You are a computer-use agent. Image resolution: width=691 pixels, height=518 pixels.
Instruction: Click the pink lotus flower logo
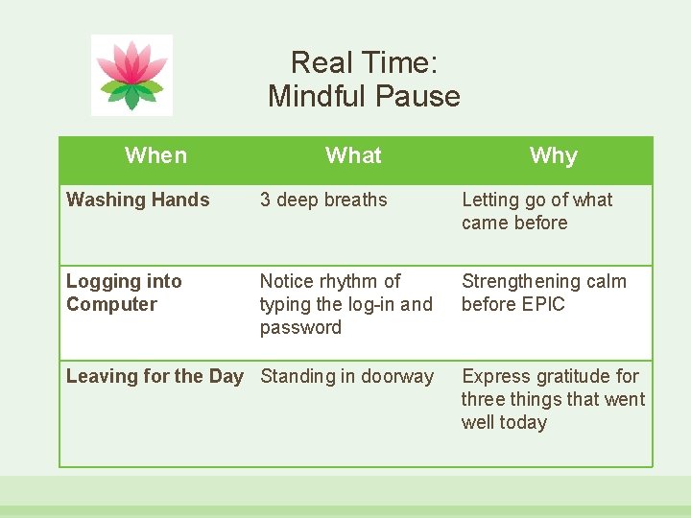(131, 74)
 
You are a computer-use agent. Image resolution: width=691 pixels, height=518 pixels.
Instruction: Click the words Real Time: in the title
(364, 63)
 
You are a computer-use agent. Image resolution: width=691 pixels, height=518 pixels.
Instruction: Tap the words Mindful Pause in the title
(364, 96)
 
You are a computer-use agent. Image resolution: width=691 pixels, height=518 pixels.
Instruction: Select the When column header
(155, 155)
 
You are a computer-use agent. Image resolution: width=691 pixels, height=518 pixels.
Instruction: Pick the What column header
(353, 155)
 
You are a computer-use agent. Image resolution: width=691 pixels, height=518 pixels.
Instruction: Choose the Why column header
(553, 156)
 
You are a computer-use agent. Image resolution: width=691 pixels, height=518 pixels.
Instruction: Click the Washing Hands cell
(138, 200)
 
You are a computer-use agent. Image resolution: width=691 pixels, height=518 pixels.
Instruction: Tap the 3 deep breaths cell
(323, 200)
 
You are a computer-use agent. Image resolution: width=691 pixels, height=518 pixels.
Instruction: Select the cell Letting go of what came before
(536, 211)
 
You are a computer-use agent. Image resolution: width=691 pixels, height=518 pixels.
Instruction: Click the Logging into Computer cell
(124, 293)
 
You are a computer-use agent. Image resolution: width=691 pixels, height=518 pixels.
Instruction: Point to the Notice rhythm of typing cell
(345, 304)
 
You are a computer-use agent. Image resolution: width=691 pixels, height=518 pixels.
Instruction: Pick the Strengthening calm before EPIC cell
(543, 293)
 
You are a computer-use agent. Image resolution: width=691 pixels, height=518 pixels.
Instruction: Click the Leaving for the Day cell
(155, 376)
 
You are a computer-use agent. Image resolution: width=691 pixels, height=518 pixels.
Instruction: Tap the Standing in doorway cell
(346, 376)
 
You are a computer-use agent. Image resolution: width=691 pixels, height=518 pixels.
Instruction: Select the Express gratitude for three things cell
(553, 399)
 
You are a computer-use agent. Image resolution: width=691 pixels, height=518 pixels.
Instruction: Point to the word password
(300, 328)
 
